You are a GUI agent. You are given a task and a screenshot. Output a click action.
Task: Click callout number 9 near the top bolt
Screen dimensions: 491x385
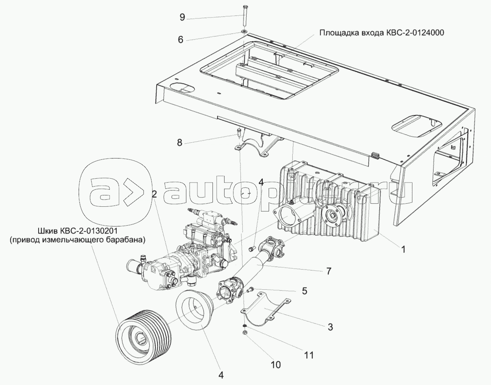point(182,17)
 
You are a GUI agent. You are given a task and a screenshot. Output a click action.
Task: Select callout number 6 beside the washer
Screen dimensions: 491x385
point(180,40)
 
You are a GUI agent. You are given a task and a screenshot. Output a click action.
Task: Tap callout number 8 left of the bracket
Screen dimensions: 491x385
point(179,143)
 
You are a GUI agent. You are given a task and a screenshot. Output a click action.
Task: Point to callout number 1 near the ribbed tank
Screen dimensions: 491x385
point(403,249)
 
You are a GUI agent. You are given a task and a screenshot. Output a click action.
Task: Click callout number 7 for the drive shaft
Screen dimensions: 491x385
point(329,271)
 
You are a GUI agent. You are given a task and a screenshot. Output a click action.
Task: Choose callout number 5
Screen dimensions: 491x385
point(305,291)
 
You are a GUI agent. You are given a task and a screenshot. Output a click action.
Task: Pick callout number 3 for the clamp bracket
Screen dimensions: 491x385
point(330,327)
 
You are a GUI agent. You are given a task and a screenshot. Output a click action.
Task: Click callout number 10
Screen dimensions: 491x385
point(276,364)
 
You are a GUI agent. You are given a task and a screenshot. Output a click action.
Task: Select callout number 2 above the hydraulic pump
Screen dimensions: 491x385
point(154,194)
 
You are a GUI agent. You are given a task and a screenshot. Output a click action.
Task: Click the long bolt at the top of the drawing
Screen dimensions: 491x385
point(244,16)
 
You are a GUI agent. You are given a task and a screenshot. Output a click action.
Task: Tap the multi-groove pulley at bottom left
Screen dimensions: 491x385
point(143,333)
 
